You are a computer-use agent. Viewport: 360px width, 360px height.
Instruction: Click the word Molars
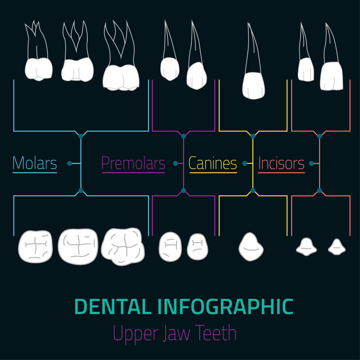pyautogui.click(x=35, y=163)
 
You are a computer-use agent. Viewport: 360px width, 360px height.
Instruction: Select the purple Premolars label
pyautogui.click(x=133, y=163)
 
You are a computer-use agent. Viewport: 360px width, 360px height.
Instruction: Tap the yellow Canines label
pyautogui.click(x=212, y=163)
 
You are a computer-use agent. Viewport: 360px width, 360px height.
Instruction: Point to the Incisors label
pyautogui.click(x=281, y=163)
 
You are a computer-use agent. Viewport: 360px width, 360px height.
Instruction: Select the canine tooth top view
pyautogui.click(x=251, y=247)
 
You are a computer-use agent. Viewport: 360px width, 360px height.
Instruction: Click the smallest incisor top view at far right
pyautogui.click(x=337, y=247)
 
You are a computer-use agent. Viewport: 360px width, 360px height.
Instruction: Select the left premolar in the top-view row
pyautogui.click(x=171, y=246)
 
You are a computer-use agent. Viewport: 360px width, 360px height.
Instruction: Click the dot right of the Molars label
pyautogui.click(x=69, y=163)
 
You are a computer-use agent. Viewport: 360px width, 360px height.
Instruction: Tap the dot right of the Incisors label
pyautogui.click(x=311, y=163)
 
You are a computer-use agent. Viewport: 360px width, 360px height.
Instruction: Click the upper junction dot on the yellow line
pyautogui.click(x=253, y=135)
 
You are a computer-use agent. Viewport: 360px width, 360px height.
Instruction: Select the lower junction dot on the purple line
pyautogui.click(x=184, y=191)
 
